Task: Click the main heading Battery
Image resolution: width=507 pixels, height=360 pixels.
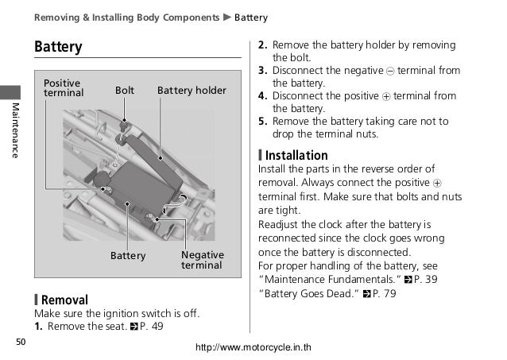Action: point(58,47)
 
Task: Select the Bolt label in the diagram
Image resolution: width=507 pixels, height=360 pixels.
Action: point(125,91)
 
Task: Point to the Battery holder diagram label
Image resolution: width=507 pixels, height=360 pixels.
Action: point(192,91)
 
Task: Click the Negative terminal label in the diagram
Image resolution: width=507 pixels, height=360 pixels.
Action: point(203,260)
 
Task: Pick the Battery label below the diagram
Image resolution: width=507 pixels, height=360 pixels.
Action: point(128,256)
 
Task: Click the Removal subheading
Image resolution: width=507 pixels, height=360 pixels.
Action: point(64,300)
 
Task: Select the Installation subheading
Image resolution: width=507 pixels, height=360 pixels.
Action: point(296,155)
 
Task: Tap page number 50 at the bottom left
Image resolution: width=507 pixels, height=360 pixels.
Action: point(21,343)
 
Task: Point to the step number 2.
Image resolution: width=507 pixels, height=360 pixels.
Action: point(263,45)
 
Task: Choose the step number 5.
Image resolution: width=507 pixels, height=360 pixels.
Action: point(263,122)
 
